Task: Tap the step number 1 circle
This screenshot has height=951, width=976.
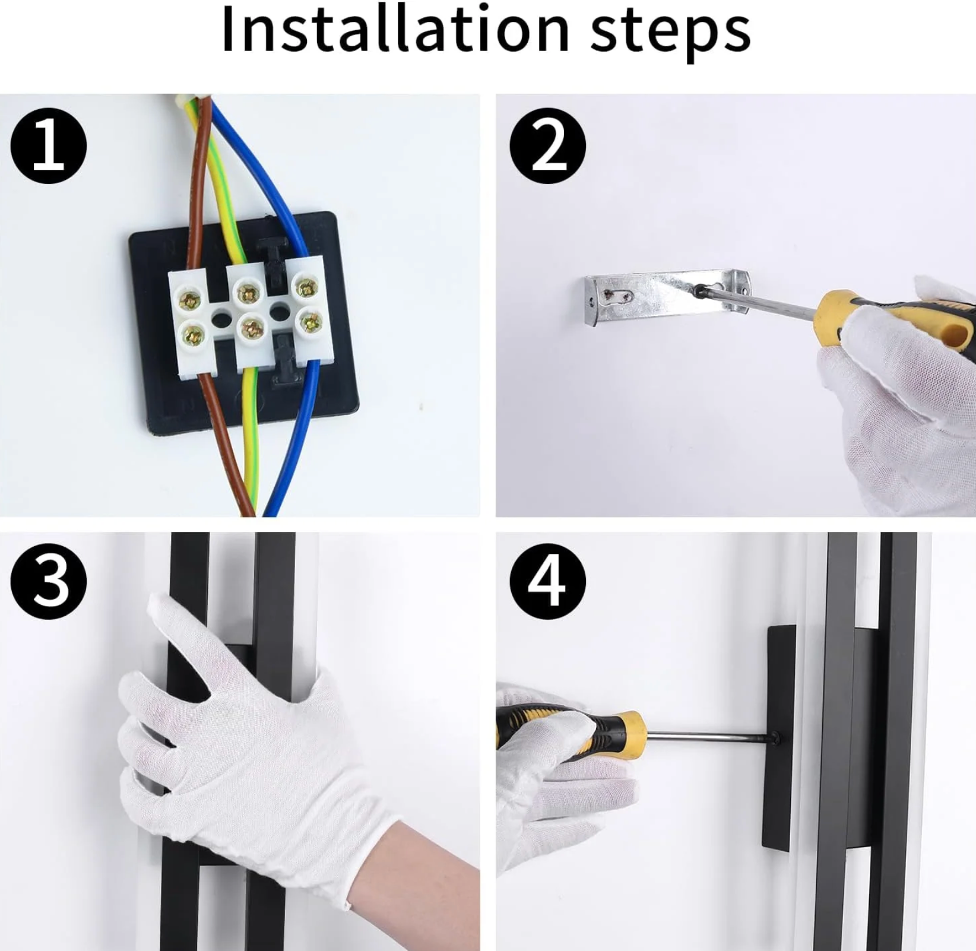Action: click(x=49, y=146)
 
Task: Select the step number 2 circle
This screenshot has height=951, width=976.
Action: click(x=548, y=146)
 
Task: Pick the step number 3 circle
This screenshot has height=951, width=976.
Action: click(x=49, y=581)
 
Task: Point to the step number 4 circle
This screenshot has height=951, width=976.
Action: click(x=548, y=581)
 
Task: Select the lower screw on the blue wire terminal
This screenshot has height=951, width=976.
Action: click(x=310, y=324)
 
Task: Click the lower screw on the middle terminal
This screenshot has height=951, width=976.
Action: click(x=252, y=328)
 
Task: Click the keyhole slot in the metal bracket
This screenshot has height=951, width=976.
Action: click(x=618, y=293)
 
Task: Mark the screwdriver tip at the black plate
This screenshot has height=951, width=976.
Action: click(x=774, y=738)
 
